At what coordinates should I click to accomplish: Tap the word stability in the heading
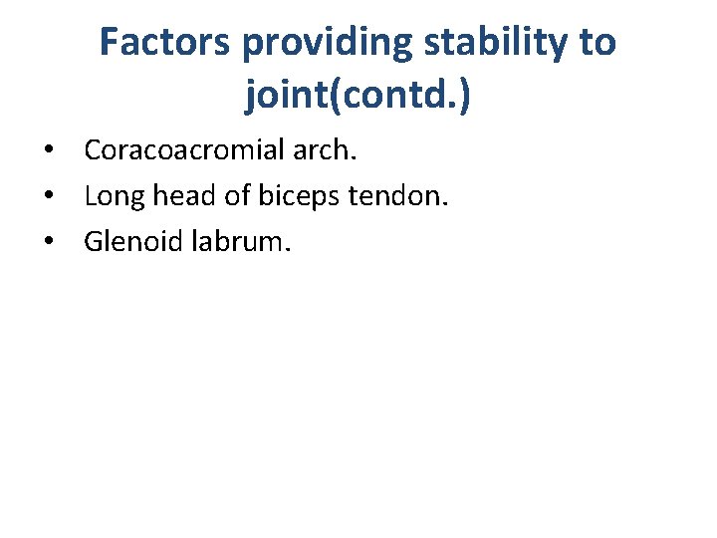coord(502,43)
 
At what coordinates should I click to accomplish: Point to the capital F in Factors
coord(111,43)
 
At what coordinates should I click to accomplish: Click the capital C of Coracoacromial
coord(93,150)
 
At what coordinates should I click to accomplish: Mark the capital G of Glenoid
coord(94,242)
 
